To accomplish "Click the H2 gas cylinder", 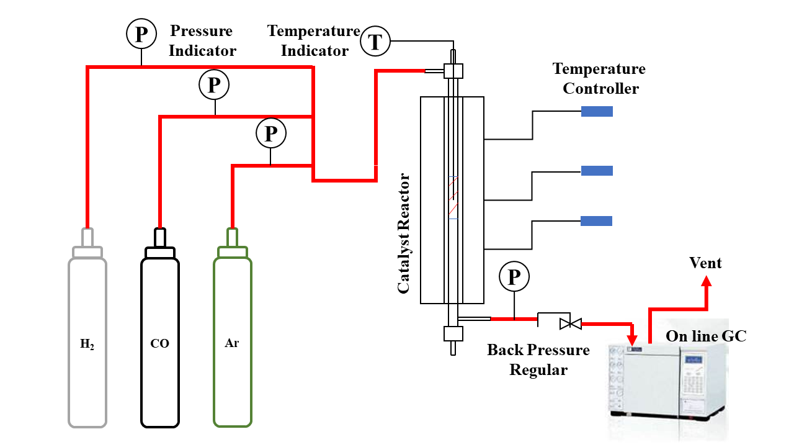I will click(87, 341).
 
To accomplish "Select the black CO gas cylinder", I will click(160, 341).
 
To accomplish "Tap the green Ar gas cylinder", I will click(233, 341).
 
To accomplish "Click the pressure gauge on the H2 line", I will click(141, 35).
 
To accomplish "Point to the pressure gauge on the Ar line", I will click(270, 133).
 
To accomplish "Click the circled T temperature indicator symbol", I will click(375, 42).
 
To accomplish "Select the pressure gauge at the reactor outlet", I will click(514, 277).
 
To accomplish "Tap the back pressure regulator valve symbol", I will click(569, 323).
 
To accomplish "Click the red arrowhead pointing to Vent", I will click(707, 282).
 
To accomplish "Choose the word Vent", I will click(706, 263).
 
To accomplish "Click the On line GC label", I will click(706, 336).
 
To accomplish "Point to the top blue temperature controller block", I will click(597, 112).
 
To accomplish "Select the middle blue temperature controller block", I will click(597, 171).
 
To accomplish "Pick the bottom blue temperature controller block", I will click(597, 221).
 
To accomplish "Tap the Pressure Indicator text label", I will click(202, 41).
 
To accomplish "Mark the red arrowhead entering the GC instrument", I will click(632, 340).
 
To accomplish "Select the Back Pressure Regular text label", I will click(538, 360).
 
